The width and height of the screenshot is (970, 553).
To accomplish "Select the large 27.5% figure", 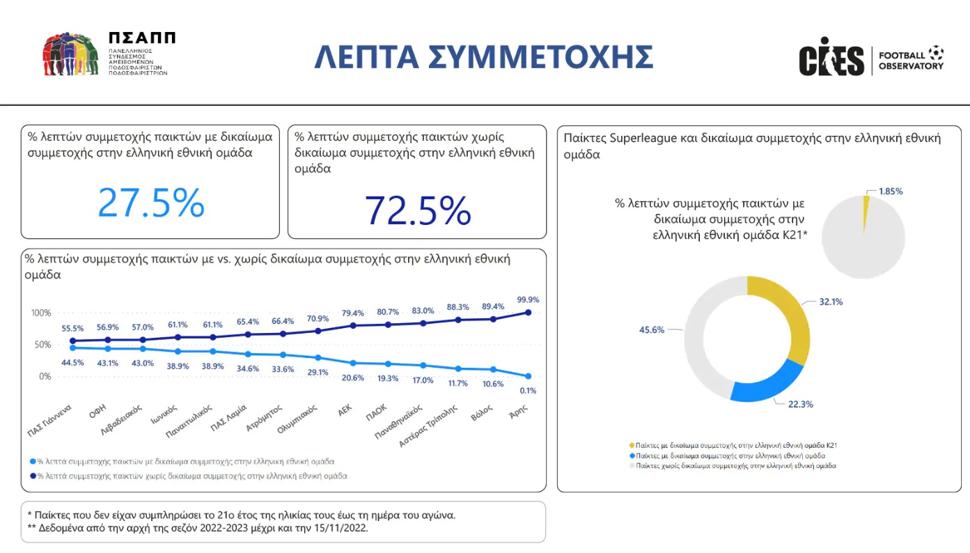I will pos(150,203).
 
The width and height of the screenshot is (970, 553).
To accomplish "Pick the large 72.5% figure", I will pos(418,210).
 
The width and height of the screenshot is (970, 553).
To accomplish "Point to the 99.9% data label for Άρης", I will pos(528,299).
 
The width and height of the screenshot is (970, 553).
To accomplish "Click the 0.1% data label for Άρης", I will pos(528,391).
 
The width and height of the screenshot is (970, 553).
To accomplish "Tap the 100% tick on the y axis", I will pos(41,313).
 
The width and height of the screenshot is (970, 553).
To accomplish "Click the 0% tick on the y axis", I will pos(45,377).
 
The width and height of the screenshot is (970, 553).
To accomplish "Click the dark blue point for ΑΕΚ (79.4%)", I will pos(353,325).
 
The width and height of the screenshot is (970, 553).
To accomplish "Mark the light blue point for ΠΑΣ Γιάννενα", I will pos(72,348).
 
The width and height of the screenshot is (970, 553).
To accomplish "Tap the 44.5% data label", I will pos(72,362).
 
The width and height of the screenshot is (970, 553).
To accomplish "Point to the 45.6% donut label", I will pos(657,330).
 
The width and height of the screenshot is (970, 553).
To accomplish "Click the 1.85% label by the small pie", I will pos(890,191).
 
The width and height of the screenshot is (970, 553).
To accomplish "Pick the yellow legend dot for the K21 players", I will pos(632,444).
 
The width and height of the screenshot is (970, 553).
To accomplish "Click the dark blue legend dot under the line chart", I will pos(32,476).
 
